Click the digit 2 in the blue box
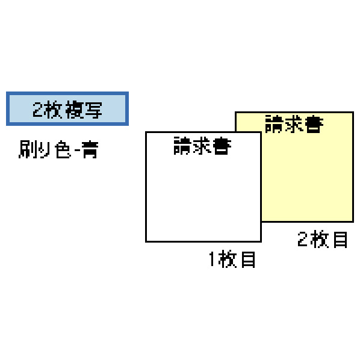38,110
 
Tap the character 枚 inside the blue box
53,110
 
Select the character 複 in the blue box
74,110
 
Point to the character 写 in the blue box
93,110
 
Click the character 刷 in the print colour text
28,149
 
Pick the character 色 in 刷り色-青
63,149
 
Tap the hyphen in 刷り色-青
78,151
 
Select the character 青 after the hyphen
90,149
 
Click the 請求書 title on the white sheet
202,146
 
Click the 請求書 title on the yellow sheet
294,124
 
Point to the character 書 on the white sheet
222,146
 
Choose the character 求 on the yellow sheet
294,124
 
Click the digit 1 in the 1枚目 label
212,259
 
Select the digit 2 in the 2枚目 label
302,239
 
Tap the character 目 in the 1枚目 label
249,259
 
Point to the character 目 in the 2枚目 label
340,239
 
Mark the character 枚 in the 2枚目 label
320,239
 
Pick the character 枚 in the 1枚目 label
228,259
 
